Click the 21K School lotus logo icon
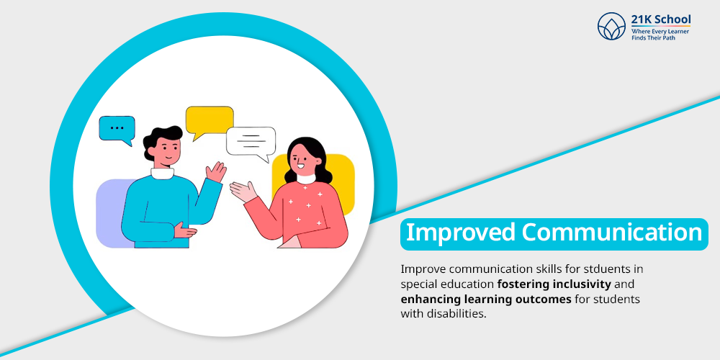click(x=611, y=26)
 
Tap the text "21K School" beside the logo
click(x=660, y=19)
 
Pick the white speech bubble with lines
click(x=251, y=143)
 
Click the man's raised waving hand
click(x=215, y=172)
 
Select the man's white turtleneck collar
click(x=163, y=174)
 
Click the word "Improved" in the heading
click(x=461, y=233)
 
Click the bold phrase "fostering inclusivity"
click(x=554, y=284)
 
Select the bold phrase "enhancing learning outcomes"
click(x=486, y=300)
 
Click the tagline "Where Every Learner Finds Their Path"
click(x=660, y=35)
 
